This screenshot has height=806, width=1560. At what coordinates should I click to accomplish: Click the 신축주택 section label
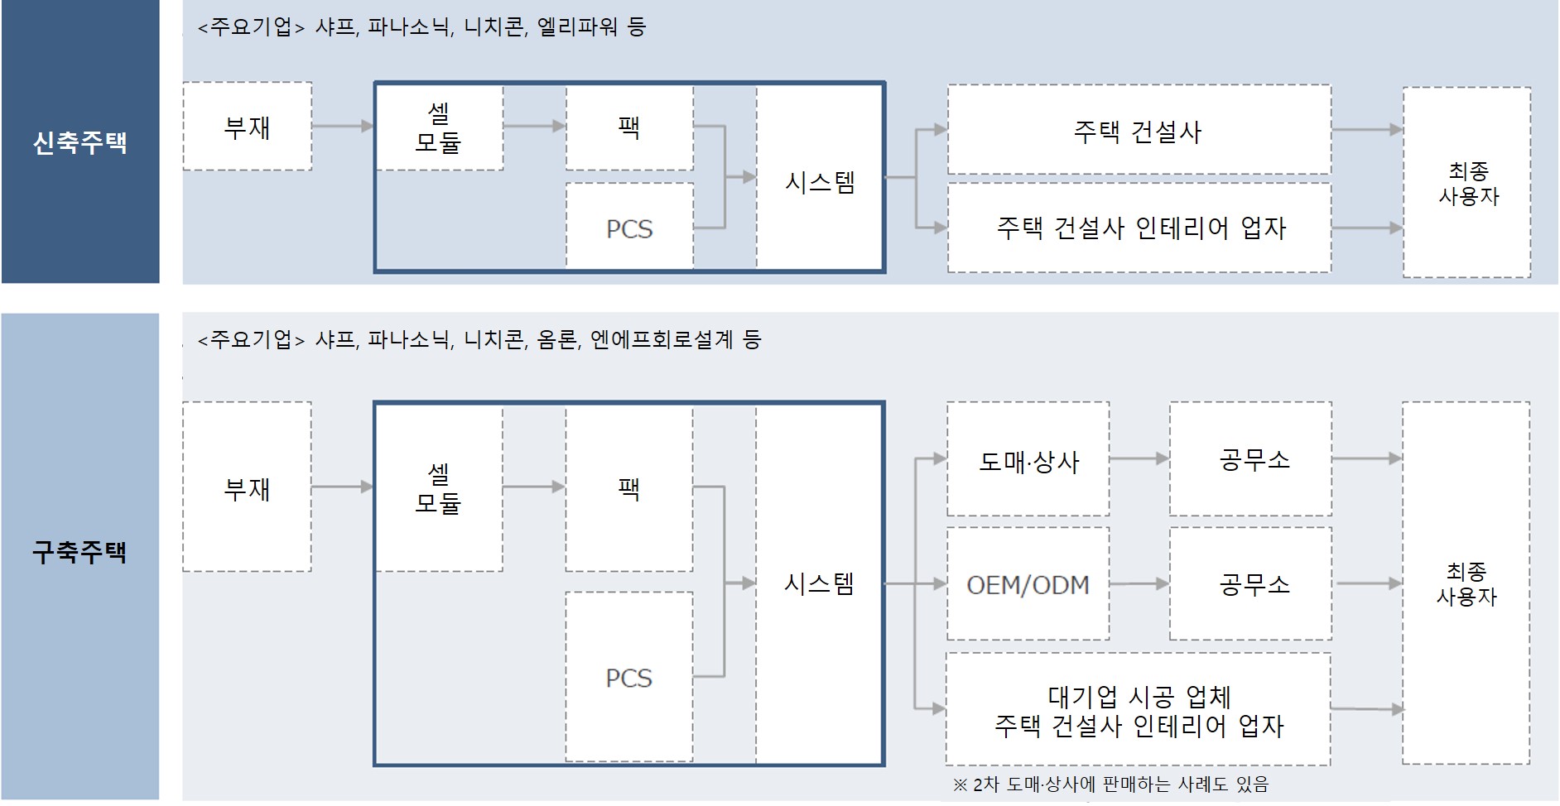coord(79,142)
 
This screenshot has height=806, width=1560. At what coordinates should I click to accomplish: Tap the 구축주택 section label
coord(79,552)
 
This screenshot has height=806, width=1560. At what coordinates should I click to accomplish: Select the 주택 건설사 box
coord(1139,130)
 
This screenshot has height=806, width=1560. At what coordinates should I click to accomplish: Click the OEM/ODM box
coord(1028,584)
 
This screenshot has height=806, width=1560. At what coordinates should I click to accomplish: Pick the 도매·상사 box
coord(1028,459)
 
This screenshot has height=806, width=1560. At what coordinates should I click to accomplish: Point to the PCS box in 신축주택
coord(629,226)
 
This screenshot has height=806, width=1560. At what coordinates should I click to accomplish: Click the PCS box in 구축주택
coord(629,677)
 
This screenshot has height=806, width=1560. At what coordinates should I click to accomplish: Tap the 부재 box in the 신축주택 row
coord(248,127)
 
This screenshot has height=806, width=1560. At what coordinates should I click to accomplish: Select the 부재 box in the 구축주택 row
coord(248,487)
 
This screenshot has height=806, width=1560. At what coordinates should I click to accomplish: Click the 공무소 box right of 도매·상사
coord(1251,459)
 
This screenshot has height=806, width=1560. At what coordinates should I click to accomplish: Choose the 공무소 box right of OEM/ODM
coord(1251,584)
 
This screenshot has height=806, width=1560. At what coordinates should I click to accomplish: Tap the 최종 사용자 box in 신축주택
coord(1467,183)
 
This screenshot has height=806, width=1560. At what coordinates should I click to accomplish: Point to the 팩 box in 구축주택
coord(629,487)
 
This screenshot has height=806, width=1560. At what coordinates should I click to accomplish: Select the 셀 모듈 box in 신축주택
coord(439,127)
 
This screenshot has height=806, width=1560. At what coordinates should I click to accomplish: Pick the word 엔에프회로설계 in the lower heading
coord(662,339)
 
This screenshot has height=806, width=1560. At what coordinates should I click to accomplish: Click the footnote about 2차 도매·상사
coord(1110,784)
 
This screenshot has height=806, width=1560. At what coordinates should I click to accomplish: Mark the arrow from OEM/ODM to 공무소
coord(1139,584)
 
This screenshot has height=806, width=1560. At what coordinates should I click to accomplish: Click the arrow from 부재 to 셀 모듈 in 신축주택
coord(343,127)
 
